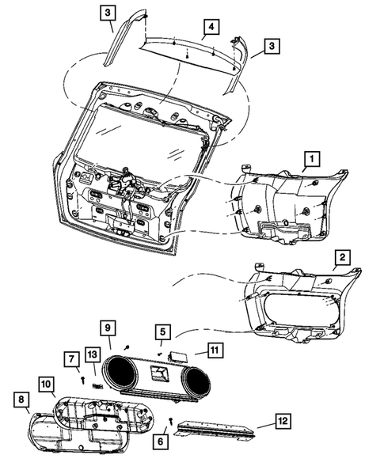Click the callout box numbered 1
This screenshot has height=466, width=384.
(312, 159)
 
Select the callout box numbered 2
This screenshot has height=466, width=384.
(343, 257)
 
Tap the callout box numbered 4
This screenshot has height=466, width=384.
(211, 27)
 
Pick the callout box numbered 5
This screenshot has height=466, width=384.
(162, 332)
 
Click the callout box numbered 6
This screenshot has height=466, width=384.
(160, 441)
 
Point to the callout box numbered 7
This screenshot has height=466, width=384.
(72, 359)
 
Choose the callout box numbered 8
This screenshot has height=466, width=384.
(21, 400)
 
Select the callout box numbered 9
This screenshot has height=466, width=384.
(108, 328)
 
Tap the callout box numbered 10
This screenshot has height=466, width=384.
(47, 385)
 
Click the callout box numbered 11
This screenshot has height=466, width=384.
(215, 350)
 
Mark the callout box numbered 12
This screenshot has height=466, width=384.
(283, 421)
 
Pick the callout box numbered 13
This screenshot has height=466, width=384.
(93, 355)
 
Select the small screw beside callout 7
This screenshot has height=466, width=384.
(83, 380)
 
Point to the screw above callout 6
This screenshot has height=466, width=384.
(171, 421)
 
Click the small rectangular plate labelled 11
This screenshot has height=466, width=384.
(179, 356)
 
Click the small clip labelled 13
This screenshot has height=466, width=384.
(97, 386)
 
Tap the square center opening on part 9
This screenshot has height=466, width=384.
(159, 373)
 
